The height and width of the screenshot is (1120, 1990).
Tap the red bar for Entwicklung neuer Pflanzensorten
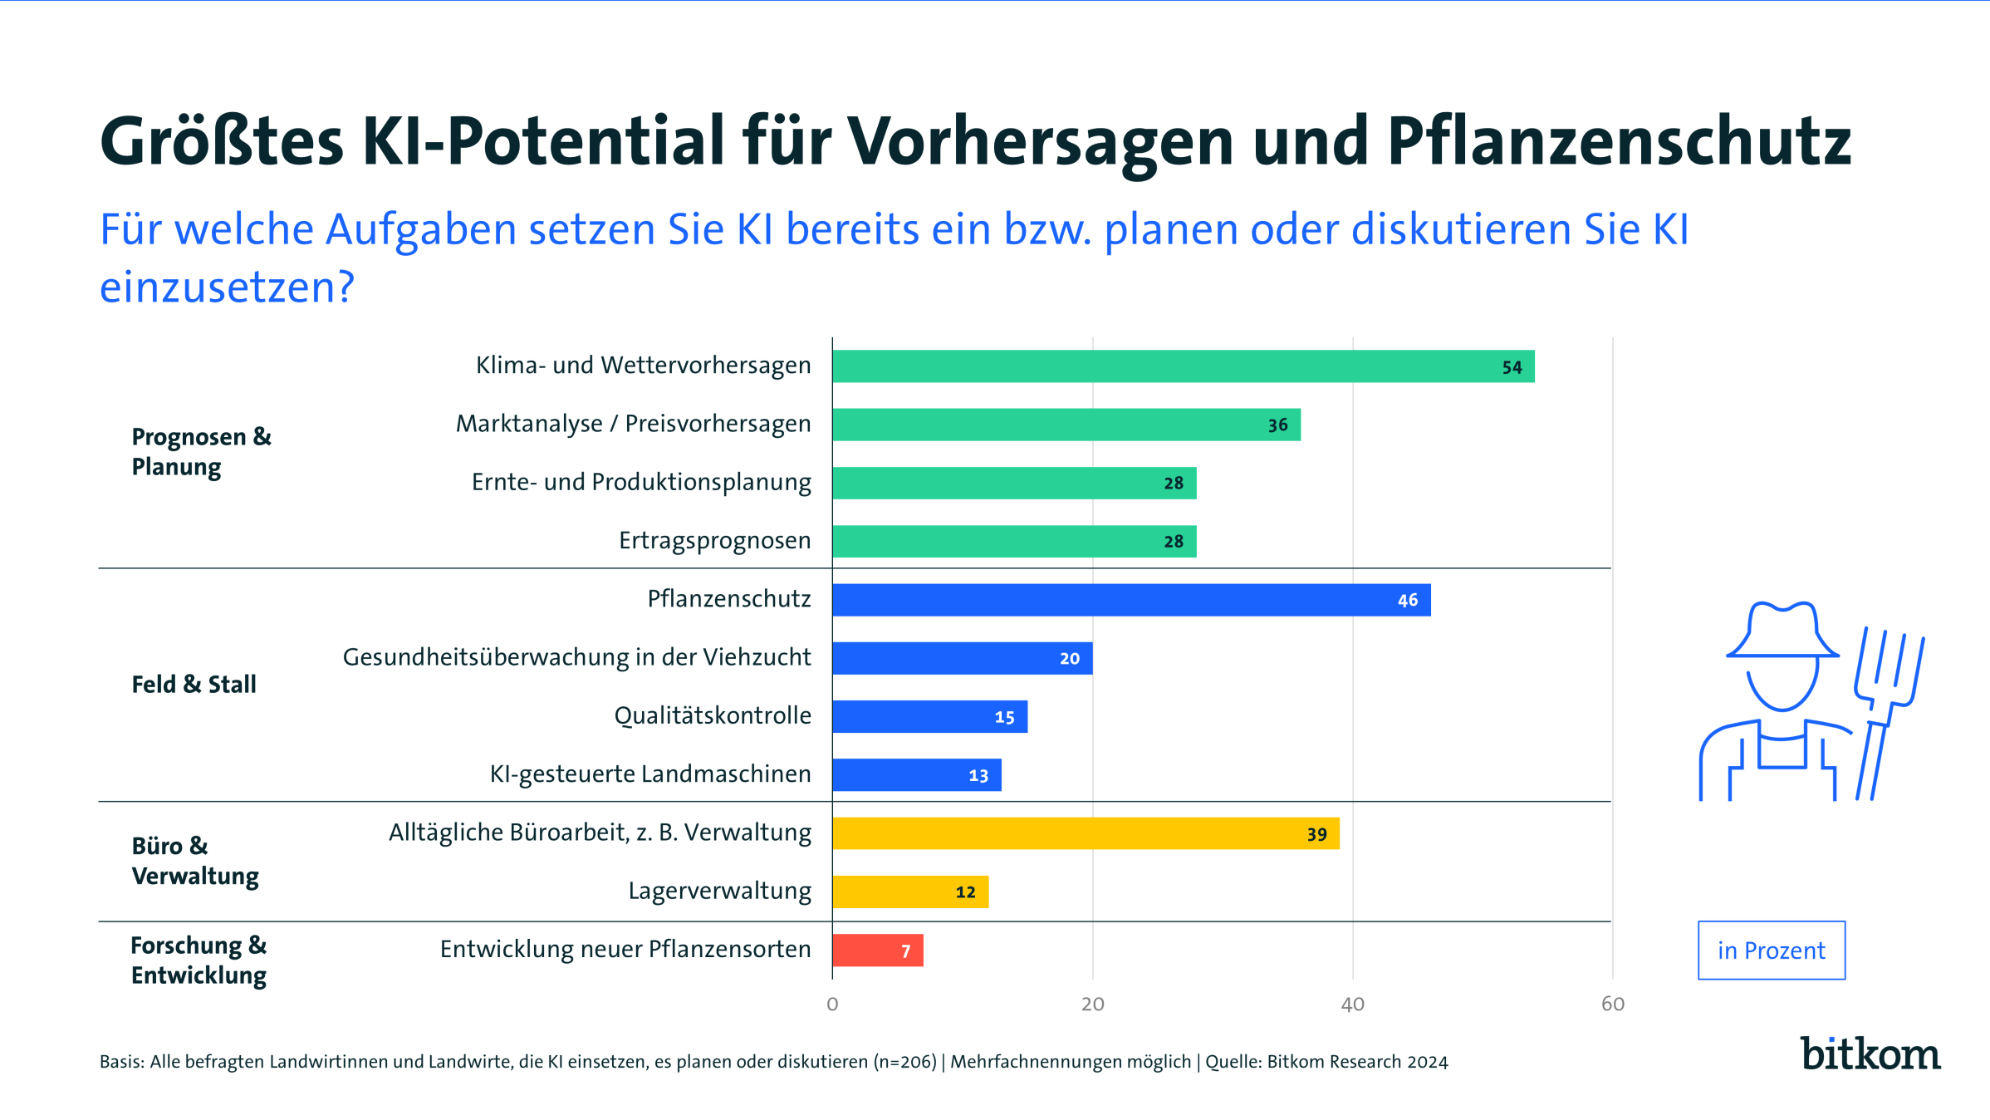[x=877, y=950]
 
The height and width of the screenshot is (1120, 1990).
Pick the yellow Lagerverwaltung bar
[x=909, y=892]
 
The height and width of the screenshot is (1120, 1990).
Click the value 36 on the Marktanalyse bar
[x=1277, y=425]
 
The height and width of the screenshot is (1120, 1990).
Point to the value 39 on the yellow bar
[x=1316, y=834]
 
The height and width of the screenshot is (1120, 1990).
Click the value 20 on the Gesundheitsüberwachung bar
[x=1069, y=659]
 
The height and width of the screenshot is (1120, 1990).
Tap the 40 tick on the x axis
[x=1352, y=1005]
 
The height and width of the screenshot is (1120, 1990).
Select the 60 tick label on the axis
[x=1612, y=1005]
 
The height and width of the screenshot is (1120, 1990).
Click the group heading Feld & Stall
[x=194, y=685]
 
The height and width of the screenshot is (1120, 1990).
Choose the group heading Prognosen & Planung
[x=201, y=451]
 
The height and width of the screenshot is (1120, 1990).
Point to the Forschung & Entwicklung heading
[x=199, y=960]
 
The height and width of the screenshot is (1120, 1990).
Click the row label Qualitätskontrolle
[x=712, y=715]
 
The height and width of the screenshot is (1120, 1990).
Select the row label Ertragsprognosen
[x=714, y=541]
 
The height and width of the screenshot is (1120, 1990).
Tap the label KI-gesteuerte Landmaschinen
[x=649, y=774]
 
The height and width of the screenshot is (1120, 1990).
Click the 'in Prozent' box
[x=1771, y=950]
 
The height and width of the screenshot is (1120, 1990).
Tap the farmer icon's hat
[x=1782, y=631]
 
